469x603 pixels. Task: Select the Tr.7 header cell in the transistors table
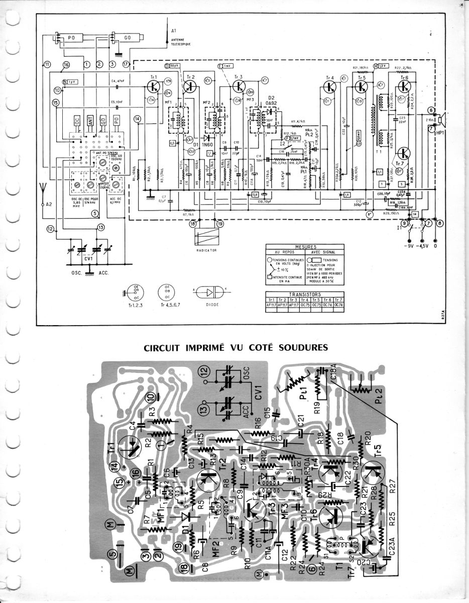(x=338, y=299)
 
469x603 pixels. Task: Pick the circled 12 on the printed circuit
(x=203, y=372)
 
